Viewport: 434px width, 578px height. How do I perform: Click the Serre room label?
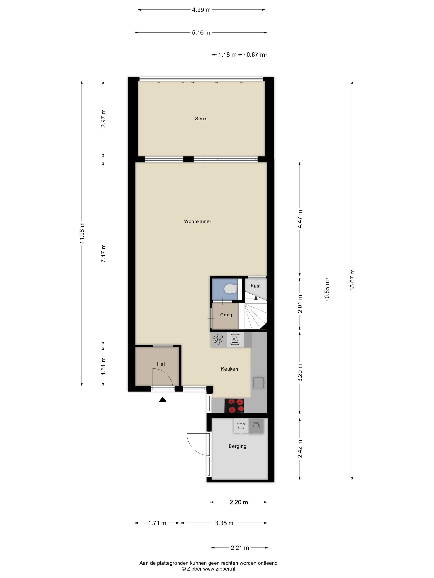201,119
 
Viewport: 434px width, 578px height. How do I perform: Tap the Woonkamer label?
198,221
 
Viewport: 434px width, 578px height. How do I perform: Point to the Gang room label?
226,315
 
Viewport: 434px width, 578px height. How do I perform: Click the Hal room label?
161,364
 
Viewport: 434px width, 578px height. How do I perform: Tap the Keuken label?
229,369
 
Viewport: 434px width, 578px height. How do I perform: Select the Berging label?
237,446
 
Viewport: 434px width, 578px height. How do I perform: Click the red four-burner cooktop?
234,406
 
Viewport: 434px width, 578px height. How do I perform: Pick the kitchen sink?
259,383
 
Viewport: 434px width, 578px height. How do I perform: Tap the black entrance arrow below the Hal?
163,399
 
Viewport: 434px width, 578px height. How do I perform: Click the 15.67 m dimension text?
352,280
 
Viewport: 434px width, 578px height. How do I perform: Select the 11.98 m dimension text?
82,233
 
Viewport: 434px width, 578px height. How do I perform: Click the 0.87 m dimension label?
256,55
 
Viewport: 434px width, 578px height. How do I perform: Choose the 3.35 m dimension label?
224,523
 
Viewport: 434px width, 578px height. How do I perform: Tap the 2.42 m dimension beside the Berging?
300,449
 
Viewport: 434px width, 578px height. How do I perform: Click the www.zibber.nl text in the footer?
219,569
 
